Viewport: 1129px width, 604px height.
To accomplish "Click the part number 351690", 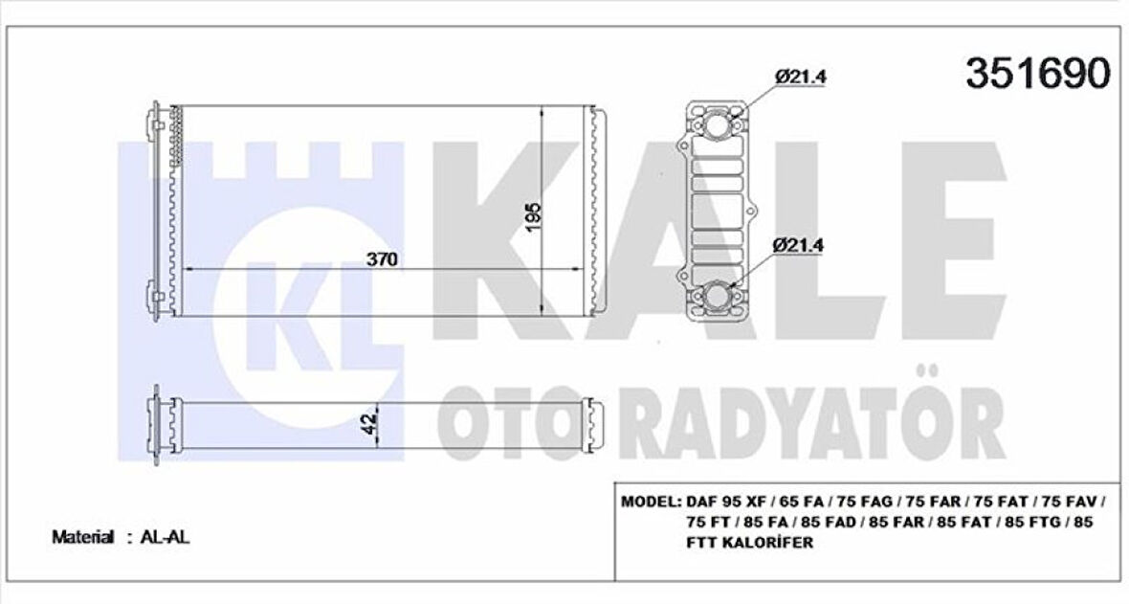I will [1038, 73].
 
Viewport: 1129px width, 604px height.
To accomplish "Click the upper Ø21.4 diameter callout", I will [801, 76].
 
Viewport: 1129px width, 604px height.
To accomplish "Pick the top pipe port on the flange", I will [719, 127].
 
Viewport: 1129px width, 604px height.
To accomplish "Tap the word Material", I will [82, 538].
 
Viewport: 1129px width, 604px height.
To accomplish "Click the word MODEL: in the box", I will [651, 502].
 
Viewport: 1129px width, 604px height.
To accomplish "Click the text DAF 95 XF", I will [724, 502].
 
